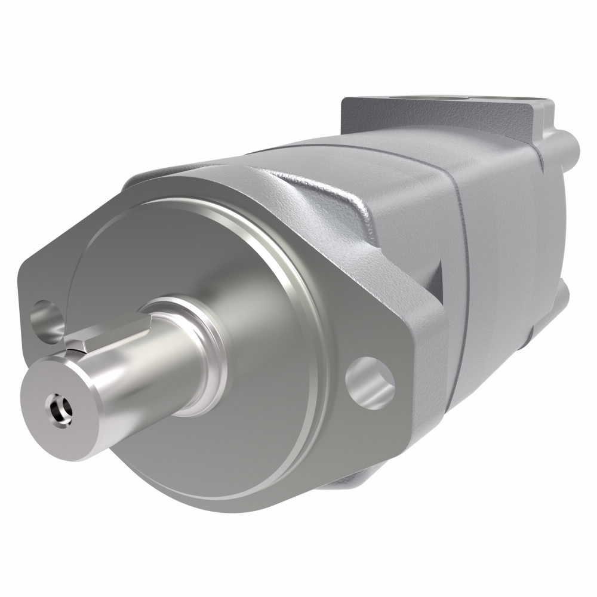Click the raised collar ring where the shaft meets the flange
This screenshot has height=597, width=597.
(206, 352)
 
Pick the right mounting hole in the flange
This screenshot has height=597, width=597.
(370, 383)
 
